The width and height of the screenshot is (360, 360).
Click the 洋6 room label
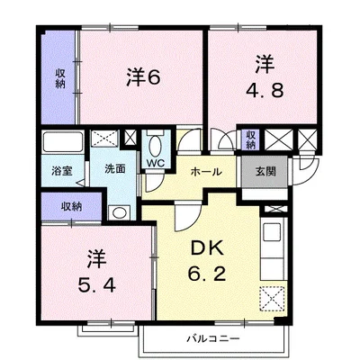pos(143,77)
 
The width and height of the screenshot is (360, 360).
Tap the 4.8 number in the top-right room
pos(265,90)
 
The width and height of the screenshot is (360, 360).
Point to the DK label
pos(207,247)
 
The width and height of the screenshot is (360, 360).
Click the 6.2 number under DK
pos(207,273)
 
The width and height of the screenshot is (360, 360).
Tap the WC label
pos(156,163)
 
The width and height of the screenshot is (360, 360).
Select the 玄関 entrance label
pos(265,172)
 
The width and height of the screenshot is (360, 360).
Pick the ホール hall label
pos(206,172)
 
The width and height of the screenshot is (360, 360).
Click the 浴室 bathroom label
pos(62,171)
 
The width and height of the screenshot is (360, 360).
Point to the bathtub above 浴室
pos(62,141)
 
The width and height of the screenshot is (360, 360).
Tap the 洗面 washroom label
pos(115,169)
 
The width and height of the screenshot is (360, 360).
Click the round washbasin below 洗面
pos(119,212)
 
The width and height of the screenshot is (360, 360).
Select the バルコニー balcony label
pos(213,339)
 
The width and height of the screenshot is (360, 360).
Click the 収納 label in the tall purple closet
pos(60,78)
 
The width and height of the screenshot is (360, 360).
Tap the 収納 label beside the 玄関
pos(250,140)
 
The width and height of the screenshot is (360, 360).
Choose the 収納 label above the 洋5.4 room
pos(72,206)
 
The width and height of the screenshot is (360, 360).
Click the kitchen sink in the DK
pos(272,232)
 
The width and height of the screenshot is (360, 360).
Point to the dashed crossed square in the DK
pos(272,299)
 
